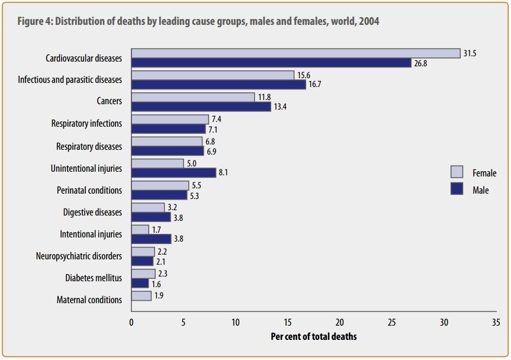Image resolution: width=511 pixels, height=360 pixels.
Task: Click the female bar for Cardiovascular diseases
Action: pyautogui.click(x=295, y=53)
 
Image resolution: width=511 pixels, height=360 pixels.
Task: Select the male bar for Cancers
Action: pyautogui.click(x=201, y=106)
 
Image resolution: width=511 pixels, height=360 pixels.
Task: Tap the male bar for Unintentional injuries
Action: pyautogui.click(x=173, y=172)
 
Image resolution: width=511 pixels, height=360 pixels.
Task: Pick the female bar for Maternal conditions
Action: pyautogui.click(x=141, y=295)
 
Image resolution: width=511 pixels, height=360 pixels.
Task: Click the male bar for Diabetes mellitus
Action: pyautogui.click(x=140, y=283)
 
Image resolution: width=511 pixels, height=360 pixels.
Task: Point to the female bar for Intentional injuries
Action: pyautogui.click(x=140, y=229)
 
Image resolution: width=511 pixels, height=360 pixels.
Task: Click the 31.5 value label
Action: pyautogui.click(x=470, y=53)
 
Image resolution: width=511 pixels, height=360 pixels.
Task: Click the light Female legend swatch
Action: pyautogui.click(x=457, y=172)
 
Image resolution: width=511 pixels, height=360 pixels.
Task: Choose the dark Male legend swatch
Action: pyautogui.click(x=457, y=189)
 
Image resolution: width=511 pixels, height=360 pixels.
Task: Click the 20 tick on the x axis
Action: pyautogui.click(x=340, y=323)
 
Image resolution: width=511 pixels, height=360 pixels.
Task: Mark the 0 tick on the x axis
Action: pyautogui.click(x=131, y=323)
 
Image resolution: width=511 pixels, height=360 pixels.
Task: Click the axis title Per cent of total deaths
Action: pyautogui.click(x=314, y=336)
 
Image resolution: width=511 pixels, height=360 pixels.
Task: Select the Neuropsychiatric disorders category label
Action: pyautogui.click(x=79, y=256)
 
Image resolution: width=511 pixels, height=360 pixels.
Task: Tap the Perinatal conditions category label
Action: pyautogui.click(x=89, y=190)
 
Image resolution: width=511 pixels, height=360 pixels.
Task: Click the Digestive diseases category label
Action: pyautogui.click(x=92, y=212)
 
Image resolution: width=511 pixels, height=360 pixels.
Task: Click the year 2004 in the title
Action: pyautogui.click(x=369, y=21)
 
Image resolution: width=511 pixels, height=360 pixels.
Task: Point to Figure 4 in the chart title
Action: pyautogui.click(x=34, y=21)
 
